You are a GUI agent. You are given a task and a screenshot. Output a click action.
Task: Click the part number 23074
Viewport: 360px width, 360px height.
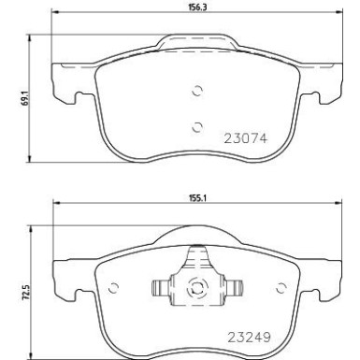pyautogui.click(x=244, y=137)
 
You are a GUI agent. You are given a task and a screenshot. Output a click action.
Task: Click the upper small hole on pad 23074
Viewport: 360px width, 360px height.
pyautogui.click(x=196, y=91)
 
